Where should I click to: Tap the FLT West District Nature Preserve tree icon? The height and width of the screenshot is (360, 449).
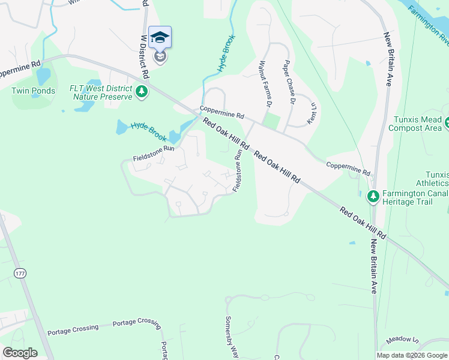tap(142, 92)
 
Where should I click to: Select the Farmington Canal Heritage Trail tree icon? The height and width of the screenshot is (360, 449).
tap(373, 196)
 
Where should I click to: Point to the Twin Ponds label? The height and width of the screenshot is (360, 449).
tap(33, 91)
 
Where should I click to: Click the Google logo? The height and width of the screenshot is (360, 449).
tap(20, 353)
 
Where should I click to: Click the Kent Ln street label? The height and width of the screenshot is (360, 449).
tap(312, 113)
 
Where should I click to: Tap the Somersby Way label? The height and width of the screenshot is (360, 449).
tap(229, 337)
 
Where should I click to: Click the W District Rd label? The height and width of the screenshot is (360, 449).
tap(145, 57)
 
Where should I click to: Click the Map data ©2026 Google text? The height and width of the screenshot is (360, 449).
tap(412, 355)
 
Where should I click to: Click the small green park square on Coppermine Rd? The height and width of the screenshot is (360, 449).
tap(272, 122)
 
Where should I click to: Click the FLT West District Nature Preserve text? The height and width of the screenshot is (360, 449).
tap(101, 92)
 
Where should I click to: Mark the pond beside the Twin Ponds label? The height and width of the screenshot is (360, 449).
tap(43, 76)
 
